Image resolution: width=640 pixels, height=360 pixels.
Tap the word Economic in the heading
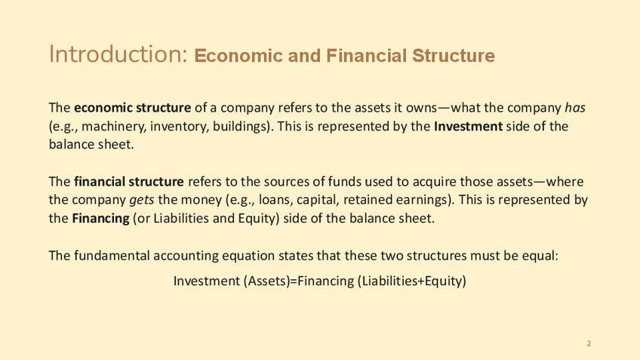238,56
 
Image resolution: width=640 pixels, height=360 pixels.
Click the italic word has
575,107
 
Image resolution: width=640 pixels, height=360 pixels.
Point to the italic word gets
142,200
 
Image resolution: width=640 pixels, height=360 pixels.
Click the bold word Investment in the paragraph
468,126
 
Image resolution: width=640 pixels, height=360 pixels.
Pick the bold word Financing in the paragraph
101,218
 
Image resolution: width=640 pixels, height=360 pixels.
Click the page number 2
589,343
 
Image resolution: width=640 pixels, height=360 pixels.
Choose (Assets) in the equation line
266,281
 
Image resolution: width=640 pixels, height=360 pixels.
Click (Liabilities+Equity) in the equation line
411,281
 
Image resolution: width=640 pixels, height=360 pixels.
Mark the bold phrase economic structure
132,108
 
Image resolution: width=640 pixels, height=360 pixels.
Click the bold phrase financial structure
128,181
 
